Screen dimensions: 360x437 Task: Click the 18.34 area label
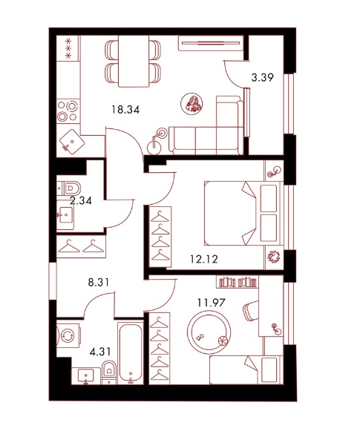click(125, 110)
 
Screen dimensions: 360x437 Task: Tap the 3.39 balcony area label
click(263, 77)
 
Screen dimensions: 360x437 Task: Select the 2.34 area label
click(81, 200)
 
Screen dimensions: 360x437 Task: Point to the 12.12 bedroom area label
click(204, 260)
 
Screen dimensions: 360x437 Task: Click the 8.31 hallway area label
click(99, 283)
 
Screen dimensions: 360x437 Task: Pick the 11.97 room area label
click(211, 302)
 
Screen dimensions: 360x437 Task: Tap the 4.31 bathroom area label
click(99, 352)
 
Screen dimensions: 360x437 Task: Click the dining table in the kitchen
click(134, 62)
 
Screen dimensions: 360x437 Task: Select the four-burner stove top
click(68, 111)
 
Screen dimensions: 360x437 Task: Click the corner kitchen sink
click(72, 142)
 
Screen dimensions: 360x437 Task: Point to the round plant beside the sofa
click(192, 103)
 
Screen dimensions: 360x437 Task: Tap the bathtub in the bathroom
click(131, 353)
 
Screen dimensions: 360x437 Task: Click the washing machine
click(68, 335)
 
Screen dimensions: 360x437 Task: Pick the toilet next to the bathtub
click(109, 372)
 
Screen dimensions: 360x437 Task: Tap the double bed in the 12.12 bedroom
click(243, 214)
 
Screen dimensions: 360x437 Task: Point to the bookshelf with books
click(238, 283)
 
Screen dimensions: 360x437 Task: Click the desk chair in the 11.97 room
click(251, 310)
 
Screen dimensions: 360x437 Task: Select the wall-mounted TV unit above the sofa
click(211, 43)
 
